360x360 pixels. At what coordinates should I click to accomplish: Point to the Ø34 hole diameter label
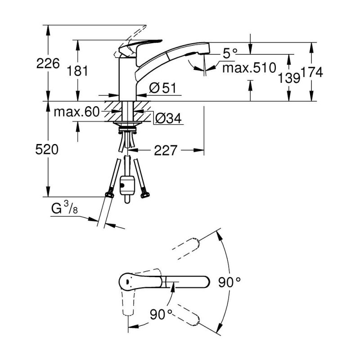tap(168, 118)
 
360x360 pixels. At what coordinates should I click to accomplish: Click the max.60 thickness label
tap(76, 112)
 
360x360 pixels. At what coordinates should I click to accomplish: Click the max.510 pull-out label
tap(249, 68)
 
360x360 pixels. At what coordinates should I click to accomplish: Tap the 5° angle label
tap(230, 54)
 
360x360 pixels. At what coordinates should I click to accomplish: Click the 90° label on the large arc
tap(232, 283)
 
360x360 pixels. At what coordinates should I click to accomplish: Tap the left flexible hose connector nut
tap(108, 194)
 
